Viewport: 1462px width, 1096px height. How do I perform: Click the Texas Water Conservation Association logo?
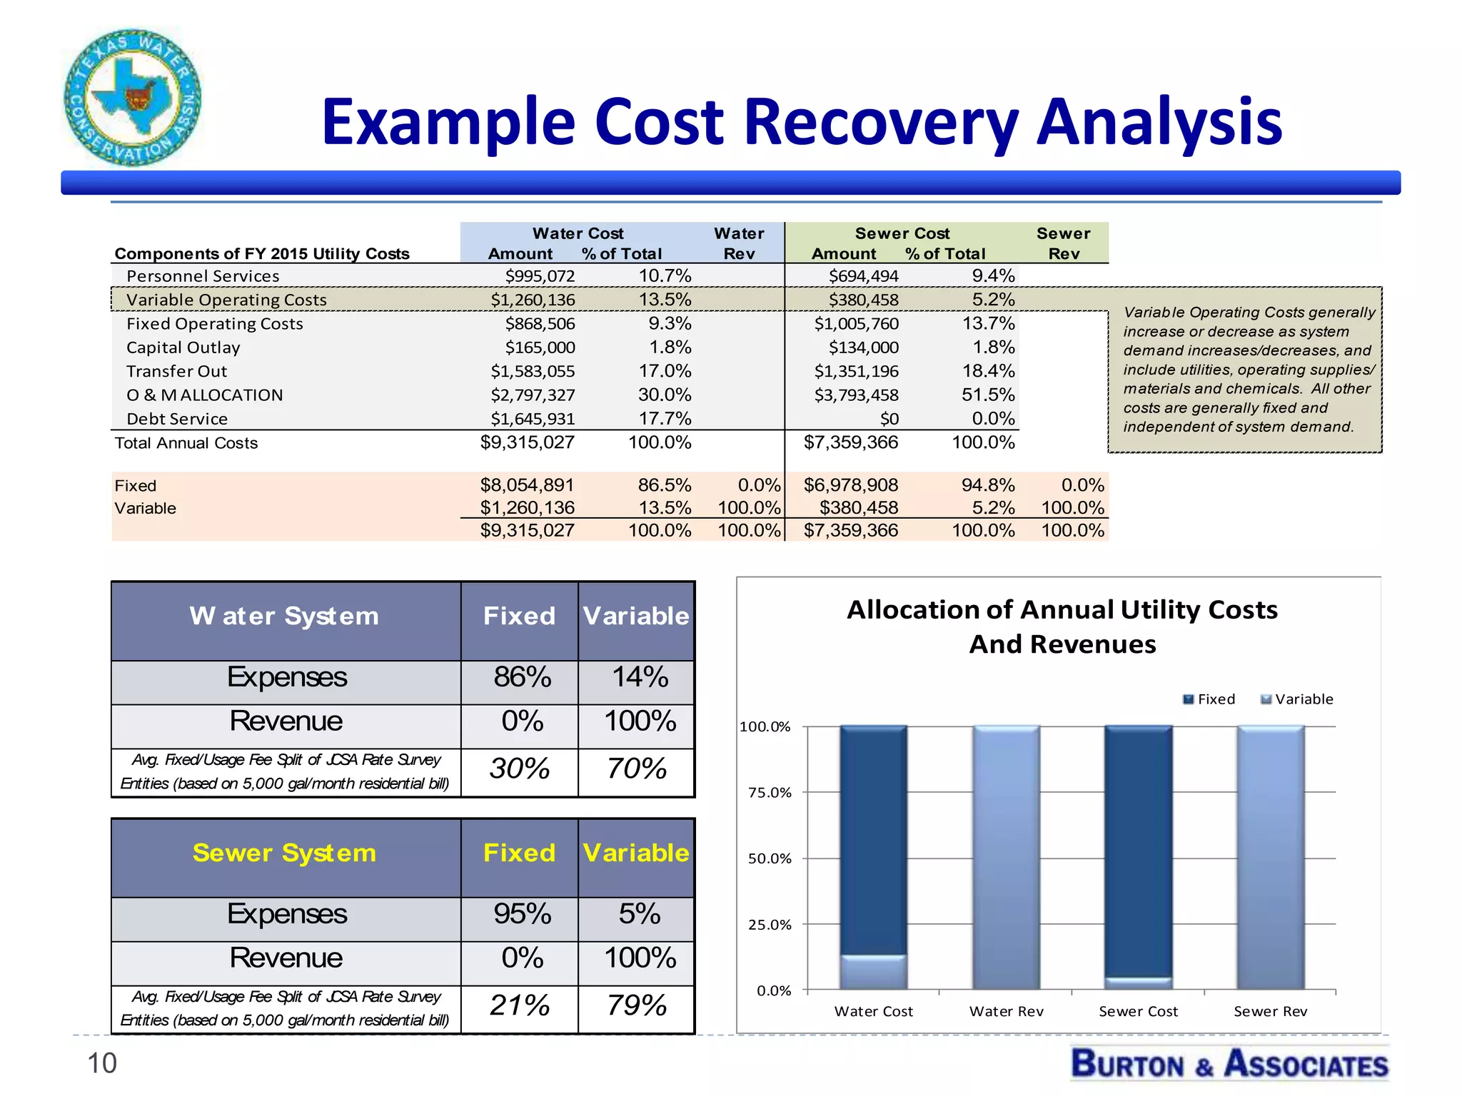pyautogui.click(x=133, y=98)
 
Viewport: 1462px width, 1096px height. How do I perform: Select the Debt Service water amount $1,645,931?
pyautogui.click(x=533, y=419)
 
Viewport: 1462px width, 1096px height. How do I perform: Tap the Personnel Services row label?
pyautogui.click(x=203, y=276)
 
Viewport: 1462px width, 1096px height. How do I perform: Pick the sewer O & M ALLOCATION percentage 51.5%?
pyautogui.click(x=988, y=395)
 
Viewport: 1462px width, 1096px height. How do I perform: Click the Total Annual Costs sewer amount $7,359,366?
pyautogui.click(x=851, y=442)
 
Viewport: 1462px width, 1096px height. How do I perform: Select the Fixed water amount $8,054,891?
pyautogui.click(x=527, y=485)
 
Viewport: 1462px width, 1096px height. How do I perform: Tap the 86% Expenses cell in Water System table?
pyautogui.click(x=522, y=677)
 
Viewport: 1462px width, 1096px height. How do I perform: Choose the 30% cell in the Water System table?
pyautogui.click(x=519, y=769)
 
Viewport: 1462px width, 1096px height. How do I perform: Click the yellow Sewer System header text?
pyautogui.click(x=284, y=853)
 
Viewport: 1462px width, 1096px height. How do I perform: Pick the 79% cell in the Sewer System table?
pyautogui.click(x=636, y=1005)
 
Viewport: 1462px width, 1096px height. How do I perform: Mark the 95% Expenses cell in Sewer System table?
pyautogui.click(x=522, y=914)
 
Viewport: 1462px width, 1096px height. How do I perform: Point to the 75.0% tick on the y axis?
pyautogui.click(x=770, y=793)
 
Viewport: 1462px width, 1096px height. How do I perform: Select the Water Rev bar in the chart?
pyautogui.click(x=1006, y=856)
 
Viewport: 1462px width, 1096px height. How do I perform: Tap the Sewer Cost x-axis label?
pyautogui.click(x=1138, y=1011)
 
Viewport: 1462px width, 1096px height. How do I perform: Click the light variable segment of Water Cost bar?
pyautogui.click(x=873, y=972)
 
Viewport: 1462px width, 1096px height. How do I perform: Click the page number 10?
pyautogui.click(x=101, y=1063)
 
